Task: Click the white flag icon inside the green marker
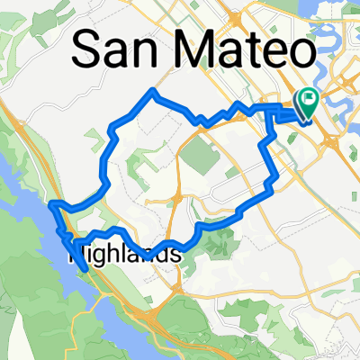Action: (x=308, y=101)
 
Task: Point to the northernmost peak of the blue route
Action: (x=155, y=92)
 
